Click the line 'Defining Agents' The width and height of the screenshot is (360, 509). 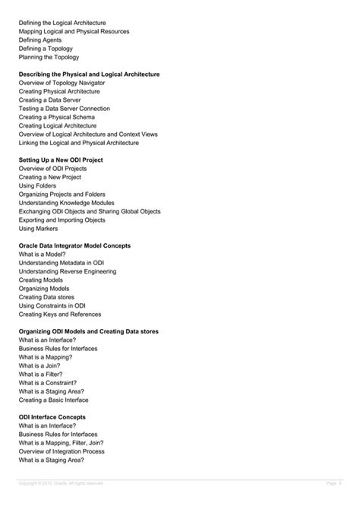point(41,40)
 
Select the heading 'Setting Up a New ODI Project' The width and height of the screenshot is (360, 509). point(61,160)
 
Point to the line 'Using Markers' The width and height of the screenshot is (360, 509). point(38,228)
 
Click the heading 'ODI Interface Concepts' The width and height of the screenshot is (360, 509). point(52,417)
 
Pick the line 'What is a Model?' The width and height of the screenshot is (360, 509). point(43,254)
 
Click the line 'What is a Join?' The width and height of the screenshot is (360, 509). point(41,365)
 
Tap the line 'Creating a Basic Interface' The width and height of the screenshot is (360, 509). point(53,400)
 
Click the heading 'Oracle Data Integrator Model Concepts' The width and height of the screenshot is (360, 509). point(74,245)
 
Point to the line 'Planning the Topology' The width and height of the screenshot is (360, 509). point(49,57)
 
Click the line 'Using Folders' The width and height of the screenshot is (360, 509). point(38,185)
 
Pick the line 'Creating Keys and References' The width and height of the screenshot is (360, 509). point(59,314)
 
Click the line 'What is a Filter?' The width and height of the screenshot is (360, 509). point(43,374)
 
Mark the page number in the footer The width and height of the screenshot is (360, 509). point(334,483)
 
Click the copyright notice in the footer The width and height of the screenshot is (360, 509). point(61,483)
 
